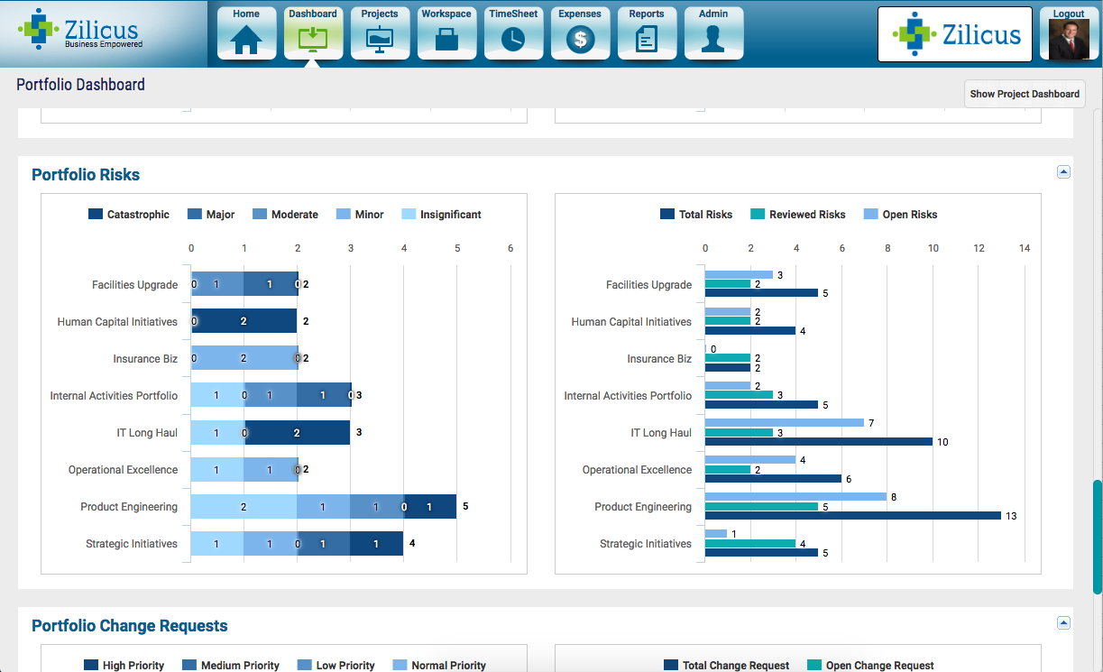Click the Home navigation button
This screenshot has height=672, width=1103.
[x=246, y=33]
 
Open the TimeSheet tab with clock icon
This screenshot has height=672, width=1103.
[x=513, y=33]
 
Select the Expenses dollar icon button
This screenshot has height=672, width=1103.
[x=580, y=33]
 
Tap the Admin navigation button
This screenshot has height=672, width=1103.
[x=713, y=33]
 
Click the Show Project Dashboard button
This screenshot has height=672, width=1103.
[x=1025, y=94]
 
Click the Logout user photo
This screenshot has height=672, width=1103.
[x=1069, y=39]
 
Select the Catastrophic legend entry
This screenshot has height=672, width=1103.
[x=129, y=215]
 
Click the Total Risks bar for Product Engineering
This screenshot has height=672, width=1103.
[x=852, y=516]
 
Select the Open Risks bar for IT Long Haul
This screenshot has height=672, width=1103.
[x=784, y=423]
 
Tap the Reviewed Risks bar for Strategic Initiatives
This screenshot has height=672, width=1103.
[x=749, y=543]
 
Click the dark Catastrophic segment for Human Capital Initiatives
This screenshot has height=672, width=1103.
[x=244, y=321]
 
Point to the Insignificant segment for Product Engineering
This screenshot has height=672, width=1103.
[x=244, y=507]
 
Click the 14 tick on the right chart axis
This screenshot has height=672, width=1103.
[x=1024, y=248]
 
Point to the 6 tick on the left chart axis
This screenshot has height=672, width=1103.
[x=510, y=248]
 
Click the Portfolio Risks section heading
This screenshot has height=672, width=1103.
[x=86, y=175]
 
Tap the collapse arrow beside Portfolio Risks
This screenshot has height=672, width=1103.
[x=1063, y=171]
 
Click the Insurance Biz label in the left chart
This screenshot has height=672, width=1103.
[x=145, y=359]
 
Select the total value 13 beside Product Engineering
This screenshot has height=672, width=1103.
[x=1011, y=516]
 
